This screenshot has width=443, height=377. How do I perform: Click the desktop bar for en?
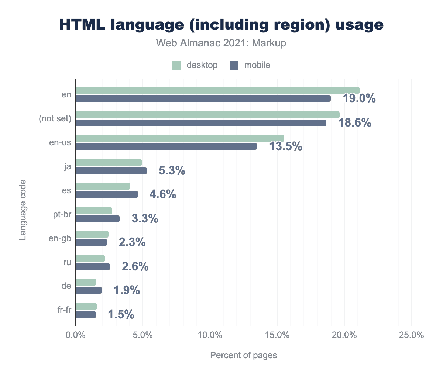217,90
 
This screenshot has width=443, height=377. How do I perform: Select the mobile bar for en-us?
166,146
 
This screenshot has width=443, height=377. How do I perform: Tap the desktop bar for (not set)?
207,115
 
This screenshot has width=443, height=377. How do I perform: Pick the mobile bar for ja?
111,171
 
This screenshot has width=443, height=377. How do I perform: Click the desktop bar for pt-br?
94,211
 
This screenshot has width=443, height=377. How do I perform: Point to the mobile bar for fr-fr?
86,315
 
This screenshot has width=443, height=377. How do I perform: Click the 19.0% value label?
359,98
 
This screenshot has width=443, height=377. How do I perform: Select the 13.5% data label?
285,146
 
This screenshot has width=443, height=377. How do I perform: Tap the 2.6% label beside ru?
135,266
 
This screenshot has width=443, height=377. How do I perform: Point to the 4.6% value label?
162,194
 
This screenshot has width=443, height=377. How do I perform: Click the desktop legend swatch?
176,65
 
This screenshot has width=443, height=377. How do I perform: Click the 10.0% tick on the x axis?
210,335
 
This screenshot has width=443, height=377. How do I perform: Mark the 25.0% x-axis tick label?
411,335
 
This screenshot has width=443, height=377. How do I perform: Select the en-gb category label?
60,238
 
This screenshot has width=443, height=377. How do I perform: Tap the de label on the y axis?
66,286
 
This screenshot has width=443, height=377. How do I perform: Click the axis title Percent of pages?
243,355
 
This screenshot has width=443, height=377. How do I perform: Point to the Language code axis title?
23,210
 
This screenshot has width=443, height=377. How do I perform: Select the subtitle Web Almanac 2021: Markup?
221,43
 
